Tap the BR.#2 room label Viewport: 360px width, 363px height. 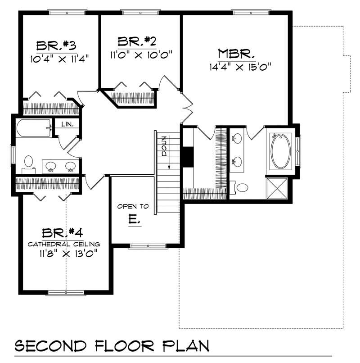point(137,42)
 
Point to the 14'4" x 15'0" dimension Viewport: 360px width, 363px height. point(242,68)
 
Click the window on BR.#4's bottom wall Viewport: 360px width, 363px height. point(65,292)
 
